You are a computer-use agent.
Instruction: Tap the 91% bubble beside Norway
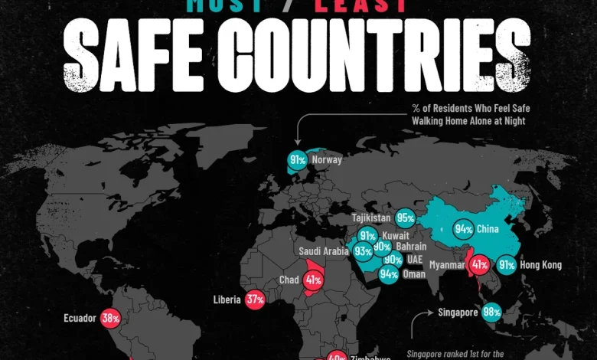pos(298,160)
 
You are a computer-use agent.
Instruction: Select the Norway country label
pos(327,160)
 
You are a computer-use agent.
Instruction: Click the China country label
pos(488,228)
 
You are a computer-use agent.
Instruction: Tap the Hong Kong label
pos(540,265)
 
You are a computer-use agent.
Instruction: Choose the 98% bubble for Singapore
pos(492,313)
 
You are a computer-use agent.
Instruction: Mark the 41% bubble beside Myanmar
pos(480,265)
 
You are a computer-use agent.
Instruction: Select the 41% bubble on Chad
pos(313,280)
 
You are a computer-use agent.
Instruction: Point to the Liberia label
pos(228,300)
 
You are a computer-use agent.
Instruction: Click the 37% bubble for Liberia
pos(255,300)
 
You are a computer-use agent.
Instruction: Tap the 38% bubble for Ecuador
pos(110,317)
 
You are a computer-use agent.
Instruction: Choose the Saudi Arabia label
pos(325,250)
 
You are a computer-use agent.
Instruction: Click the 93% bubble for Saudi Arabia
pos(363,250)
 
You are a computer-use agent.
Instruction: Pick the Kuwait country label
pos(395,235)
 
